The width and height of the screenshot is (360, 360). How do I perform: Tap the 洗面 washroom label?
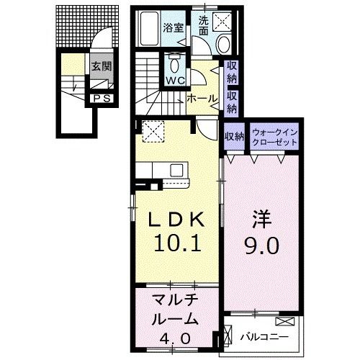204,27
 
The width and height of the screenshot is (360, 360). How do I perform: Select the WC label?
176,81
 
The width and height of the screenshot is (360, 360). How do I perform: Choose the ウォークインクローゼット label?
274,136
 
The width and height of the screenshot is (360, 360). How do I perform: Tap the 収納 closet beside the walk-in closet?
234,136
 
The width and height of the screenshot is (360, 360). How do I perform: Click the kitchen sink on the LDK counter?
176,171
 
